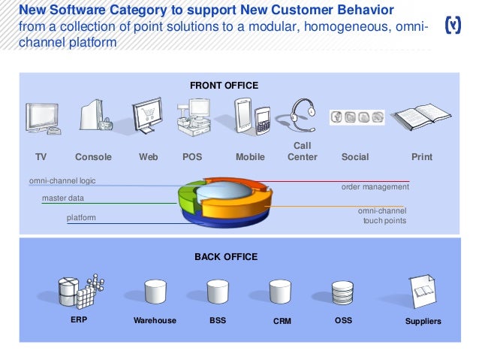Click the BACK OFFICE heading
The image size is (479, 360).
tap(226, 257)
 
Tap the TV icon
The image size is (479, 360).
tap(42, 119)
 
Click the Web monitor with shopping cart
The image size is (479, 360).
tap(147, 116)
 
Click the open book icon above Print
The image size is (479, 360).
tap(421, 118)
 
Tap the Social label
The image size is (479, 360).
tap(355, 157)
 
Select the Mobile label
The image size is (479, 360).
tap(250, 157)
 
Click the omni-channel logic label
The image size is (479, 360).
tap(62, 181)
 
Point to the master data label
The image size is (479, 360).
tap(63, 198)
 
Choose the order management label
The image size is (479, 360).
tap(375, 186)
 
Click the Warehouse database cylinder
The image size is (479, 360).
tap(155, 292)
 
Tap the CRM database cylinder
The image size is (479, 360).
tap(280, 292)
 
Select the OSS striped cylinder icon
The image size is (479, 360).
tap(342, 292)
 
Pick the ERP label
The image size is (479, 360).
tap(79, 320)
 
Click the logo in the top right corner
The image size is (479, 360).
tap(453, 25)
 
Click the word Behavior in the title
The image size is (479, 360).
tap(354, 11)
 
